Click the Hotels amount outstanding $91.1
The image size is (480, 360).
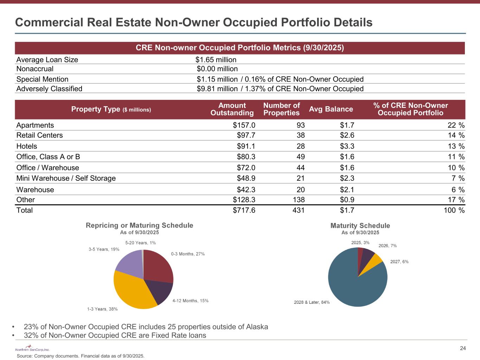[246, 146]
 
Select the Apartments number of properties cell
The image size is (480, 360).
[300, 126]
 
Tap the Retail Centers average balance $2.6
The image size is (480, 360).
[347, 135]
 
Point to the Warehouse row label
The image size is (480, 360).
[35, 190]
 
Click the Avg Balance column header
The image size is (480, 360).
[331, 109]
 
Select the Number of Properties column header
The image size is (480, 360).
[281, 109]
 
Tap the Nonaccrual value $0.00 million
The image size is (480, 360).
[217, 69]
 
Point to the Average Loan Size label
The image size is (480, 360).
[47, 60]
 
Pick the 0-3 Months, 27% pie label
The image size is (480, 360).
[188, 254]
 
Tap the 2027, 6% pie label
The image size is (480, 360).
[399, 262]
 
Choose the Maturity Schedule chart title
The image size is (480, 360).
[360, 226]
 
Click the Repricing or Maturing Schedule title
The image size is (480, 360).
[140, 225]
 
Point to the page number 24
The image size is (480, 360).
[463, 348]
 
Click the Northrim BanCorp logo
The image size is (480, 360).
[32, 349]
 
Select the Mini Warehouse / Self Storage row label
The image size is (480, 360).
[66, 178]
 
